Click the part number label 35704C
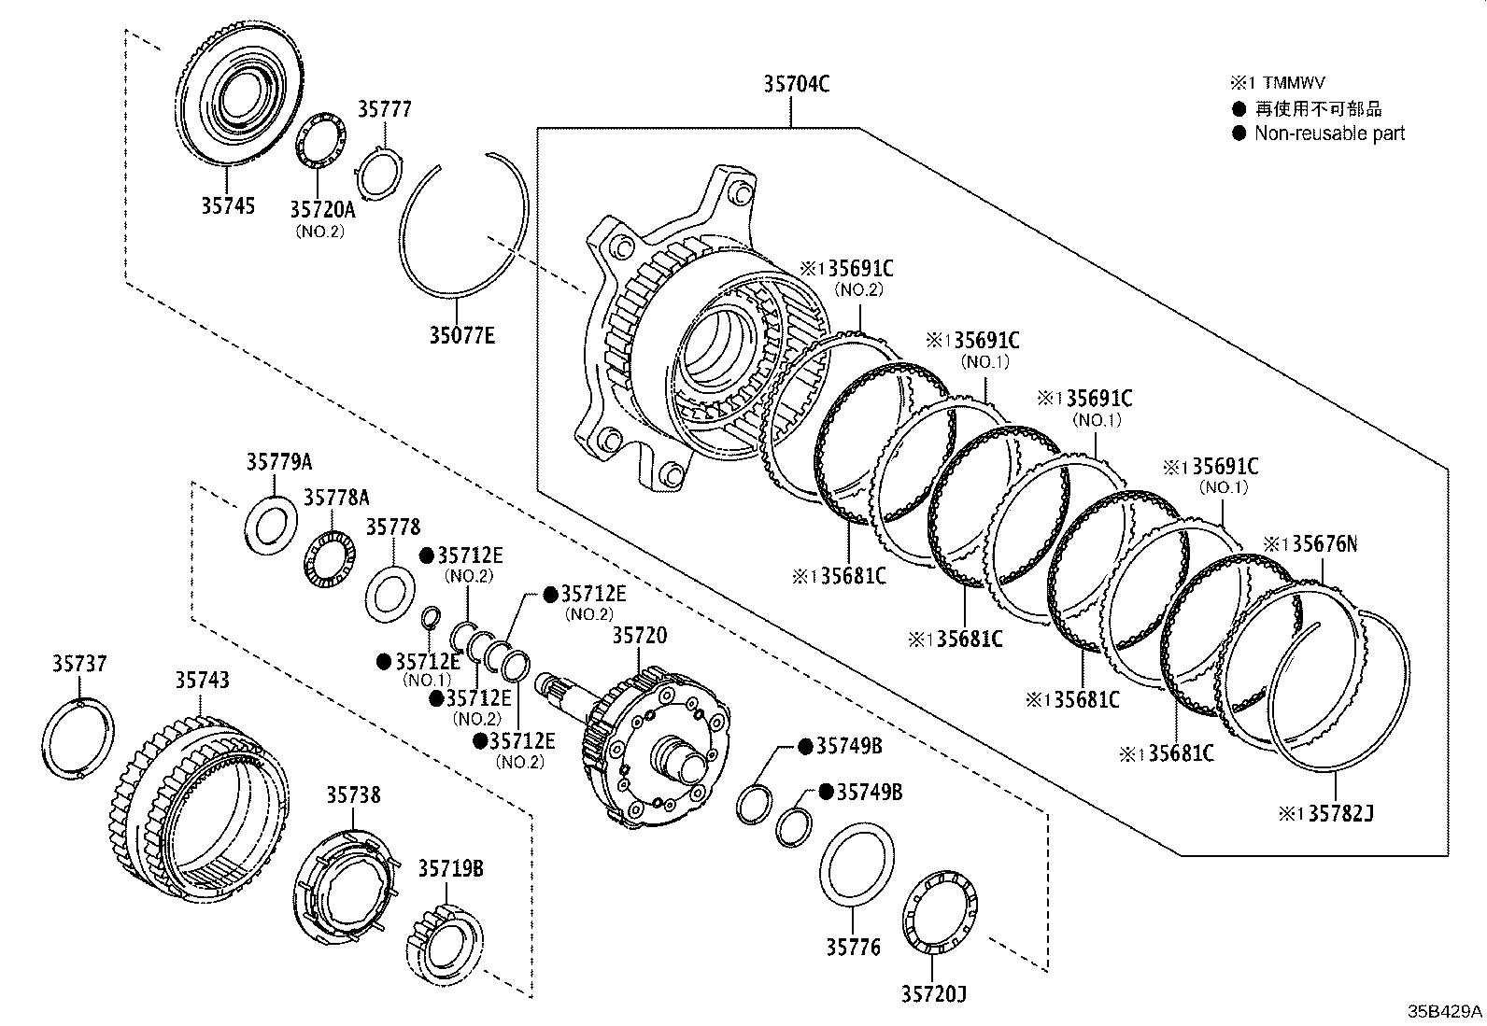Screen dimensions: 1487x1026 (x=796, y=84)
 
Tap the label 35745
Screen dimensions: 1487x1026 (x=228, y=205)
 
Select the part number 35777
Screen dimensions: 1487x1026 (x=385, y=109)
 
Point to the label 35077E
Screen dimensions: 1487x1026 (x=462, y=335)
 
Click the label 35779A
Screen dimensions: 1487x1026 (x=278, y=461)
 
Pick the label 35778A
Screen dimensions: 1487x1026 (x=336, y=497)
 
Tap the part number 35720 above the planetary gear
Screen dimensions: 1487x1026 (x=639, y=635)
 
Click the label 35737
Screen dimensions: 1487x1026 (x=79, y=663)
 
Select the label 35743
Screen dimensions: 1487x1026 (x=203, y=680)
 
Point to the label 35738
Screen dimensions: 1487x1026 (x=353, y=794)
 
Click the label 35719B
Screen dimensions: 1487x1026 (x=450, y=868)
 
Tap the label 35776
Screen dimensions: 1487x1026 (x=853, y=947)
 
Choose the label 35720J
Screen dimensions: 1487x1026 (x=933, y=993)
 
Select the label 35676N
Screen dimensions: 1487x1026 (x=1325, y=544)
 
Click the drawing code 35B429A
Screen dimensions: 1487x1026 (x=1445, y=1011)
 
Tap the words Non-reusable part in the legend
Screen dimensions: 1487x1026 (x=1330, y=134)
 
